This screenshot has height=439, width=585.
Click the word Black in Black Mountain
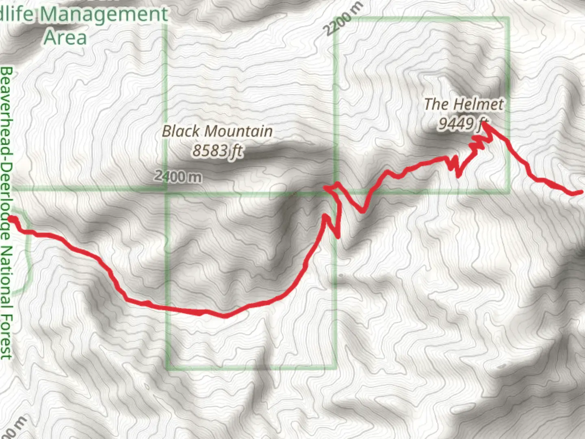(x=181, y=131)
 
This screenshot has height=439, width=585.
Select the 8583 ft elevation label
(x=217, y=151)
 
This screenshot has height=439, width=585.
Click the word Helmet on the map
(x=479, y=104)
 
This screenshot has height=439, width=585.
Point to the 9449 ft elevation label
(x=463, y=123)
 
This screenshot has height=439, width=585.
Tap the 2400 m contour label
(x=178, y=176)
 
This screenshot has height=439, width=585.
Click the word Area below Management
(x=65, y=37)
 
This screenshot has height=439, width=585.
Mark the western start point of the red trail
(x=12, y=219)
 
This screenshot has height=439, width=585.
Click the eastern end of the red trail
(x=579, y=192)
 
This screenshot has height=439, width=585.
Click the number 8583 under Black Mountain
(x=209, y=151)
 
